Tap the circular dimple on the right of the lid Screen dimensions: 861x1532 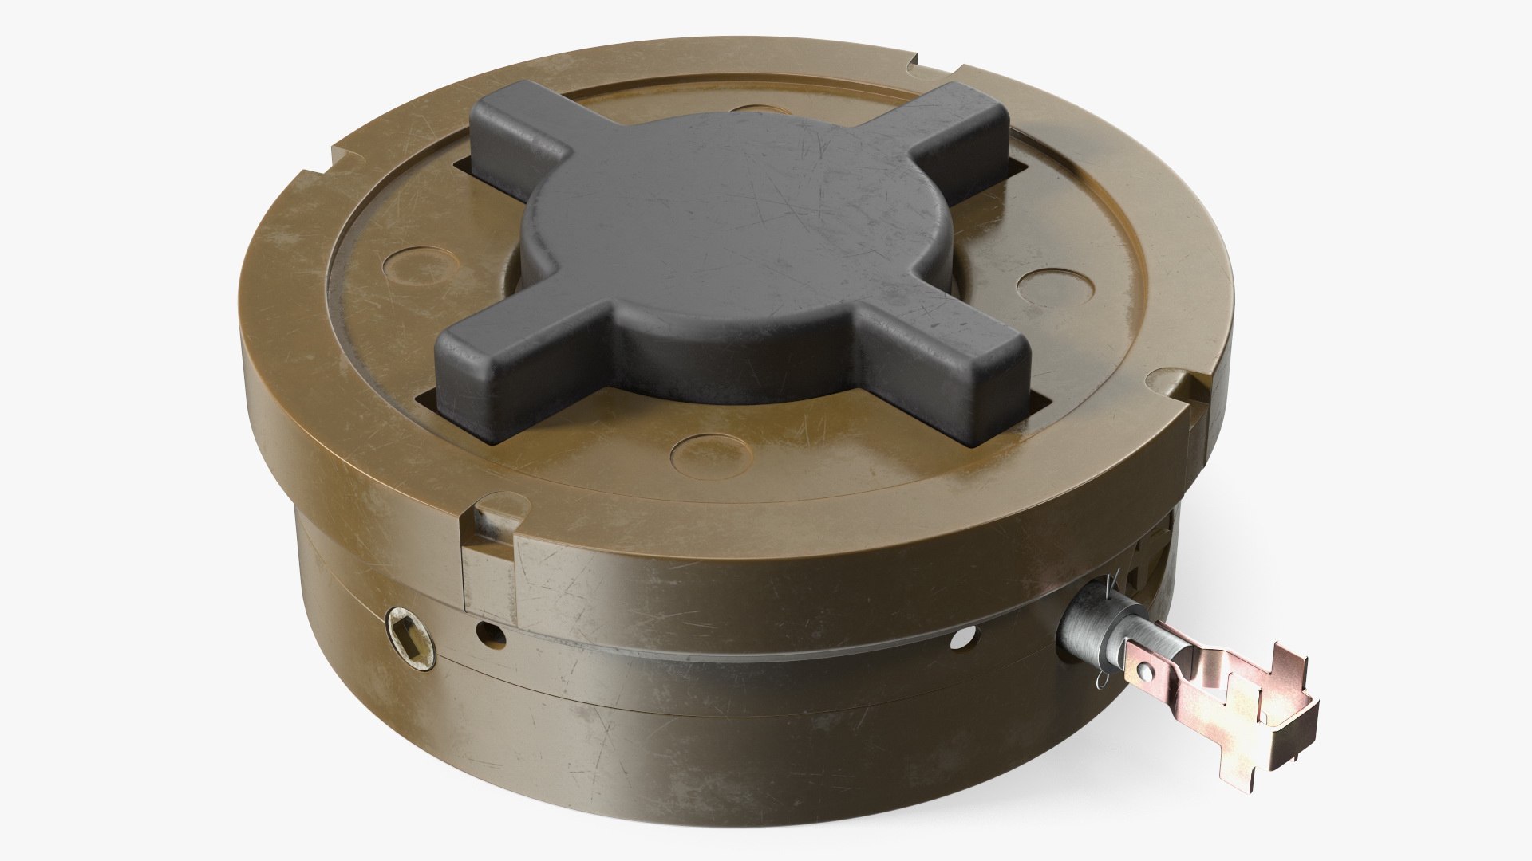(1044, 281)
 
